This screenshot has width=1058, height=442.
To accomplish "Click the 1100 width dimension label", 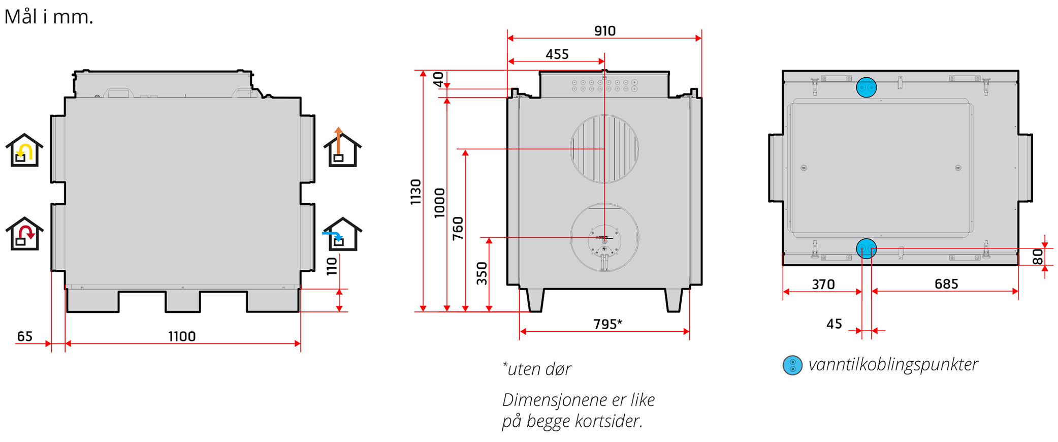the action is click(x=182, y=336).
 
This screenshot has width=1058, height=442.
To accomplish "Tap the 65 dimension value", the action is click(x=25, y=336).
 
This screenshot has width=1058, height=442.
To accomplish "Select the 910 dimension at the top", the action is click(x=605, y=31).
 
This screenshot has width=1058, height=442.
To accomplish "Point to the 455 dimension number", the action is click(x=557, y=54).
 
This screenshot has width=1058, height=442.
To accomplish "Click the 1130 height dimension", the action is click(x=416, y=192).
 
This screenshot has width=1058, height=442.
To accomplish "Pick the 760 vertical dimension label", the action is click(x=458, y=229).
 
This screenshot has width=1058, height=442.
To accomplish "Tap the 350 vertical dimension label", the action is click(x=482, y=273).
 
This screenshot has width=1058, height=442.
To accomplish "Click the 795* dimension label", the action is click(x=607, y=324).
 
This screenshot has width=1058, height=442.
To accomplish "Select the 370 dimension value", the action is click(x=823, y=285).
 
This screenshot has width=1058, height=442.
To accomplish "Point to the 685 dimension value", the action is click(x=946, y=284).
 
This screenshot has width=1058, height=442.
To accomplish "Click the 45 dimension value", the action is click(x=834, y=324).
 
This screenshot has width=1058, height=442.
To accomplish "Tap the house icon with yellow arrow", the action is click(x=24, y=150).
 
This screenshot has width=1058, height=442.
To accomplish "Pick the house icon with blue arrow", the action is click(x=342, y=234).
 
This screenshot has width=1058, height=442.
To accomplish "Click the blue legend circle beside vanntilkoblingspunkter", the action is click(x=792, y=365).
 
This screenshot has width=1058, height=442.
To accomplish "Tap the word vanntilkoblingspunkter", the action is click(x=893, y=365).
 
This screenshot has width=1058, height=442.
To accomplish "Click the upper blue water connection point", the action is click(x=867, y=87).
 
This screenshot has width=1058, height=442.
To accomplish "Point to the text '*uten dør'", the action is click(x=537, y=369).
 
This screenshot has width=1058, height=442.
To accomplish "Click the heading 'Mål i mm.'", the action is click(x=49, y=17).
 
